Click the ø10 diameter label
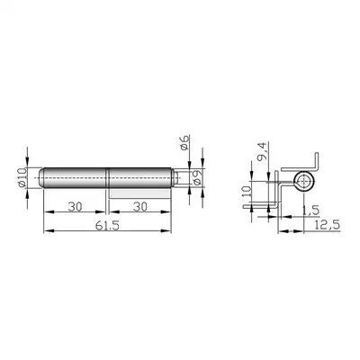tap(22, 177)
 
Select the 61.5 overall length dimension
tap(107, 226)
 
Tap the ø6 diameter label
tap(185, 143)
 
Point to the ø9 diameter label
tap(197, 177)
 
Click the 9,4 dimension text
tap(262, 151)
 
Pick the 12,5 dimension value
tap(327, 224)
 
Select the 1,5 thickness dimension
tap(310, 211)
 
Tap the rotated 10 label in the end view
tap(247, 191)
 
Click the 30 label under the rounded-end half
tap(75, 207)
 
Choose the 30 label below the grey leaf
tap(140, 207)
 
